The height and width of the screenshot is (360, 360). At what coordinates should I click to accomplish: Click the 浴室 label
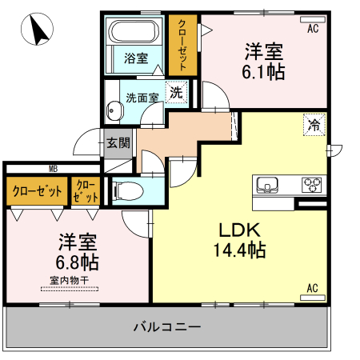coord(136,58)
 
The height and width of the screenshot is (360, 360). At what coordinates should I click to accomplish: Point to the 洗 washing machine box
coord(175,92)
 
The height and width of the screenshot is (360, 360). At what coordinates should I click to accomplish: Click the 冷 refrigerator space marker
coord(314,125)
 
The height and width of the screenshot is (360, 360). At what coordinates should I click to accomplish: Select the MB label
coord(53,168)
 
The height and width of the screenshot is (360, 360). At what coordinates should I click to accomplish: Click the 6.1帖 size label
coord(265,70)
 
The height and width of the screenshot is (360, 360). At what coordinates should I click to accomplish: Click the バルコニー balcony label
coord(167,327)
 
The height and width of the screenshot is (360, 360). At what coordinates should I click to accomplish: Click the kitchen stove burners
coord(311,185)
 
